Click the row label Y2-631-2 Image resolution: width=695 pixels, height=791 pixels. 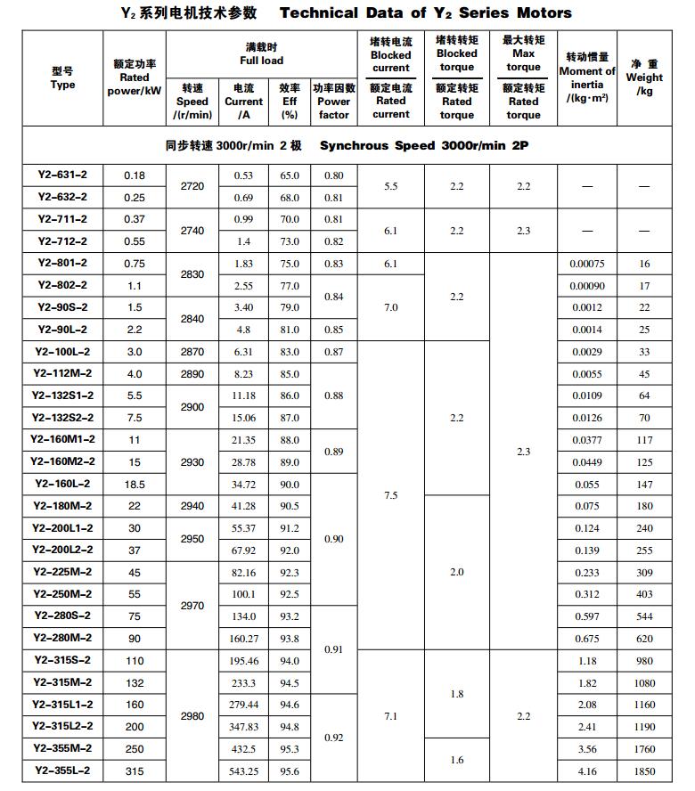[62, 175]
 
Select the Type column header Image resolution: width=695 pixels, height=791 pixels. [62, 78]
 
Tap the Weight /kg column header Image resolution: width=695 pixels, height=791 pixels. [644, 77]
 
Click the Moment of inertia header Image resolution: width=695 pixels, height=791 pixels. [587, 77]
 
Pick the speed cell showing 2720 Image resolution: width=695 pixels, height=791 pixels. [192, 186]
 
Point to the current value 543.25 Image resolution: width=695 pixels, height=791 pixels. [243, 771]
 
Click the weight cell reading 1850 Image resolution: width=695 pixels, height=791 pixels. [644, 771]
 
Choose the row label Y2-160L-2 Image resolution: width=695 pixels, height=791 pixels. [62, 484]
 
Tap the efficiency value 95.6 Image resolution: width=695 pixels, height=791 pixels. [290, 771]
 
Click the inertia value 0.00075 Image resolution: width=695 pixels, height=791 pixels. [587, 264]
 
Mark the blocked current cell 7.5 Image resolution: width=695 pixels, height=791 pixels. [390, 495]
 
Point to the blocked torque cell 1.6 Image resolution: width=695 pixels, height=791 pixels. [456, 760]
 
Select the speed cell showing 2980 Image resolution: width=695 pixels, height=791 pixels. [192, 716]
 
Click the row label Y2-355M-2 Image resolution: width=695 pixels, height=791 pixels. [62, 748]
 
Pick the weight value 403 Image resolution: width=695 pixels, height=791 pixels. [644, 595]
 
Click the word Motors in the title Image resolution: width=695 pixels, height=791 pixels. [544, 13]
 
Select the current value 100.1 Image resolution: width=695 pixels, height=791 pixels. [243, 595]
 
